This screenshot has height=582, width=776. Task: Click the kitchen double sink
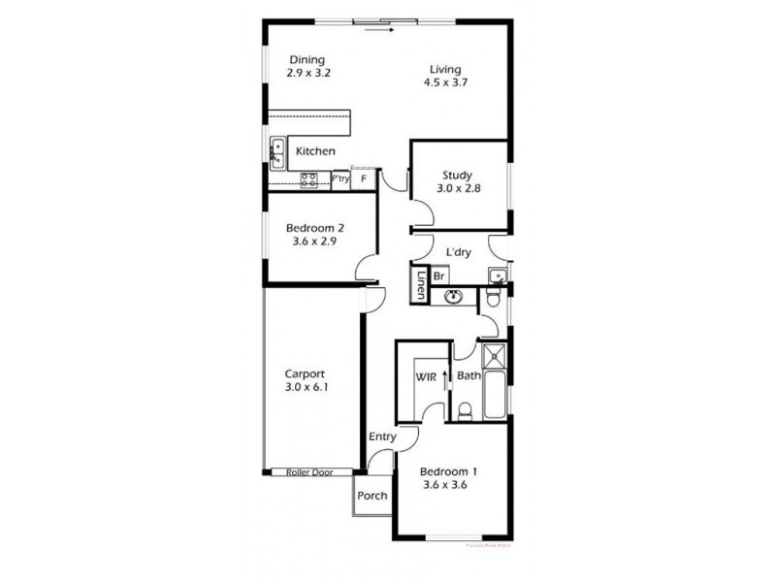(x=276, y=154)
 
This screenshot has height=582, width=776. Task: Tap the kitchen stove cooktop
(x=309, y=178)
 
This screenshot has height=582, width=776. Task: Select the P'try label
(x=339, y=178)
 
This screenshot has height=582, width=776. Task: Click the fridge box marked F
(x=364, y=178)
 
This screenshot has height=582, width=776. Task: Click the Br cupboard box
(x=437, y=275)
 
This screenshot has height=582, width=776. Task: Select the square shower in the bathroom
(x=495, y=354)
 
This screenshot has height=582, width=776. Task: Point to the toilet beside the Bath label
(x=465, y=411)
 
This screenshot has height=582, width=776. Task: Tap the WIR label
(x=423, y=375)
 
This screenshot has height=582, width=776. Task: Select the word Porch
(x=372, y=496)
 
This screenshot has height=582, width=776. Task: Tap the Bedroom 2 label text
(x=316, y=229)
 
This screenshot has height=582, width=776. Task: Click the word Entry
(x=382, y=437)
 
